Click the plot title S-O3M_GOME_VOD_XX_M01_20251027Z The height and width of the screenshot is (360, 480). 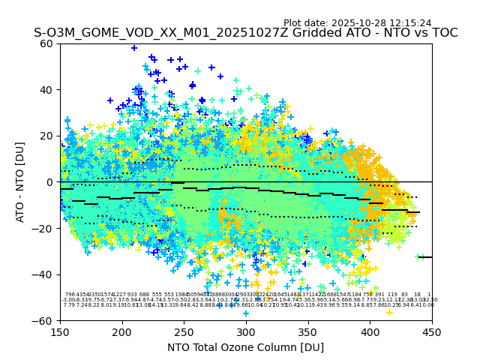click(245, 34)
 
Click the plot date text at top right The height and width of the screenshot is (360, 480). click(357, 23)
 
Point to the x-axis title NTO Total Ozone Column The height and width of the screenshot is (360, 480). click(245, 347)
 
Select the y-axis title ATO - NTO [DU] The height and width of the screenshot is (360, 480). click(20, 181)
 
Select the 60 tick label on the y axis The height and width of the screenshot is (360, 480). click(46, 43)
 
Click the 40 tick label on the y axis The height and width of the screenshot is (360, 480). click(46, 90)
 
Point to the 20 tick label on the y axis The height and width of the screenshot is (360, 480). click(46, 136)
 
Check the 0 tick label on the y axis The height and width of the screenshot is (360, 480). click(49, 182)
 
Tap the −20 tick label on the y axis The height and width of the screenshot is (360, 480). click(43, 228)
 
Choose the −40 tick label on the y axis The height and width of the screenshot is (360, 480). click(43, 274)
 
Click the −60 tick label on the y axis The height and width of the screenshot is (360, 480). click(43, 320)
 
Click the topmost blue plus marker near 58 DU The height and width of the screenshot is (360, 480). click(134, 48)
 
